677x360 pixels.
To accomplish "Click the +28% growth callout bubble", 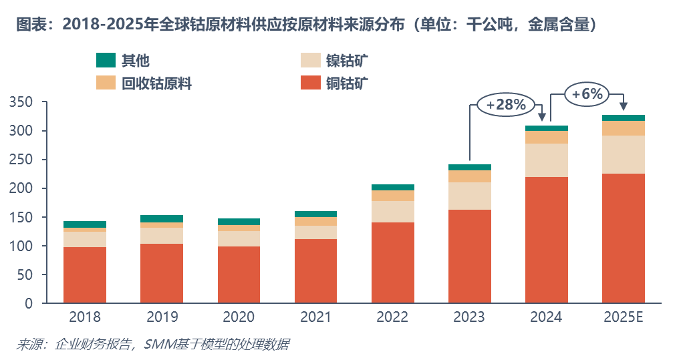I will [x=506, y=105].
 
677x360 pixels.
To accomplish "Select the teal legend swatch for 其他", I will [x=106, y=60].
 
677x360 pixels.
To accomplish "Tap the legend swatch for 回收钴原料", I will [x=106, y=83].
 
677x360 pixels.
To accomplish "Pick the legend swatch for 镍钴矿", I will [x=311, y=60].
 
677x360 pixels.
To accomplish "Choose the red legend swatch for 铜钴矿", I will [x=311, y=83].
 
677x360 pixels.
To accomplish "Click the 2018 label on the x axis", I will [x=85, y=317].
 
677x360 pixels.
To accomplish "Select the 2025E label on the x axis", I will [x=623, y=317].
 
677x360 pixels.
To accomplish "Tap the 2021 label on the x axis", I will [x=315, y=317].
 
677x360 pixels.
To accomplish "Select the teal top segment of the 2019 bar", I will [x=162, y=218].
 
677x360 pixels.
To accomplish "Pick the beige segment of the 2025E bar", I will [x=623, y=154].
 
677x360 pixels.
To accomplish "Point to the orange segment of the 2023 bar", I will [x=469, y=176].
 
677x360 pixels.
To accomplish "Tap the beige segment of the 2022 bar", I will [x=392, y=212].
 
